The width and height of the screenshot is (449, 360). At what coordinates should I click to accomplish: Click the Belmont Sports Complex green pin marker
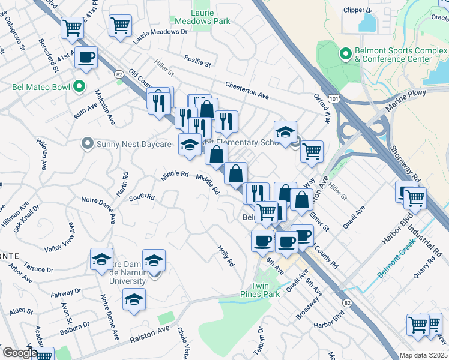tap(345, 55)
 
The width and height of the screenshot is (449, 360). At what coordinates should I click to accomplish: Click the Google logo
tap(20, 353)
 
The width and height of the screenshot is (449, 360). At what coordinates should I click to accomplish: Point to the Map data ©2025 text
tap(423, 355)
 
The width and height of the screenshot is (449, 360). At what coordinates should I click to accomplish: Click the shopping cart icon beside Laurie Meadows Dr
tap(120, 26)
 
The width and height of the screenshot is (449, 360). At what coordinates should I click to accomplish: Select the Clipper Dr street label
tap(359, 10)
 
